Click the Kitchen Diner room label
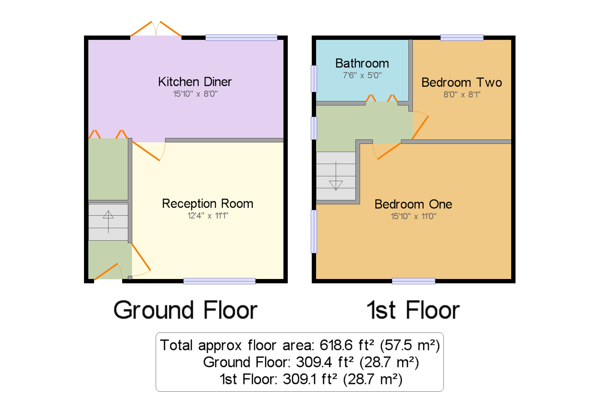[x=195, y=82]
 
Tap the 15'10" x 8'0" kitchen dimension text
[x=195, y=94]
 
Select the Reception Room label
[x=208, y=204]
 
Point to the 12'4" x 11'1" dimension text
[x=208, y=216]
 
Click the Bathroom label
[x=362, y=63]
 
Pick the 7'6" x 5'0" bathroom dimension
[x=362, y=75]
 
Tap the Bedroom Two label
[x=462, y=82]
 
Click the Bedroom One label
[x=413, y=204]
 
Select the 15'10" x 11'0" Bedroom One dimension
[x=413, y=216]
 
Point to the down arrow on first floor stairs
[x=336, y=176]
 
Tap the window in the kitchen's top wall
[x=241, y=37]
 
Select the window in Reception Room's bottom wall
[x=219, y=281]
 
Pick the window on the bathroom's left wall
[x=314, y=79]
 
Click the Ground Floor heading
[x=185, y=310]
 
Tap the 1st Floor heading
[x=413, y=310]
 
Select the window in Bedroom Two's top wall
[x=462, y=37]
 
